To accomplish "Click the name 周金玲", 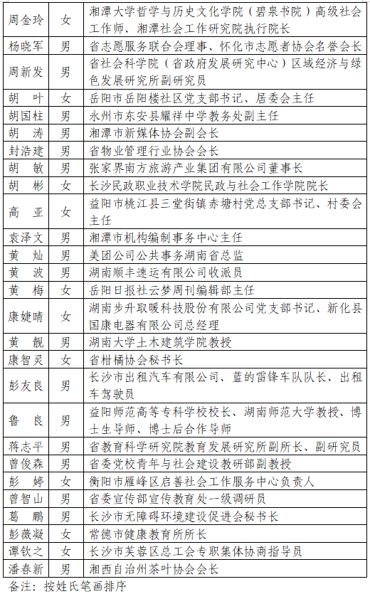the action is (x=26, y=19).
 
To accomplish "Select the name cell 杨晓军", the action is (x=26, y=46).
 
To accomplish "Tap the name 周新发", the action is (x=26, y=72).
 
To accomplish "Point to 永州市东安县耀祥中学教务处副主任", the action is (x=184, y=116).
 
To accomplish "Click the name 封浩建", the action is (x=26, y=151).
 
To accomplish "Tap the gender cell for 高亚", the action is (x=65, y=212).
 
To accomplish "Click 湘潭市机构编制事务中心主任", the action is (x=166, y=238).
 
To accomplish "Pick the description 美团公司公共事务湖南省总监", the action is (x=166, y=255).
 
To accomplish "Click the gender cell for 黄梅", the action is (x=65, y=290).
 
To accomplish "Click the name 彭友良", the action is (x=26, y=386).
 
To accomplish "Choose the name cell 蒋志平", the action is (x=26, y=447).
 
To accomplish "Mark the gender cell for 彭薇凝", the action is (x=65, y=534).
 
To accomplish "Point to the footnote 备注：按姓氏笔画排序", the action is (x=68, y=585).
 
